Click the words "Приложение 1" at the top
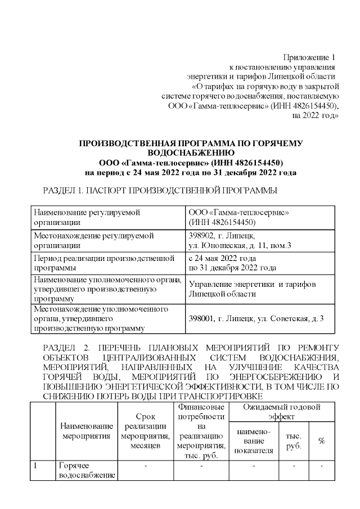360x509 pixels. [x=309, y=57]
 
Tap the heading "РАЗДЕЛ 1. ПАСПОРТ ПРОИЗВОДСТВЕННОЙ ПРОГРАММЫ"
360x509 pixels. [x=160, y=191]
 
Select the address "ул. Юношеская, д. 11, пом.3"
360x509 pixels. [x=240, y=245]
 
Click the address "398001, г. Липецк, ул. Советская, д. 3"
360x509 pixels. [x=256, y=319]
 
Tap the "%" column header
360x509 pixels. [x=322, y=440]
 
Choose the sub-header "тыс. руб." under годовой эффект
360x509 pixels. [x=293, y=440]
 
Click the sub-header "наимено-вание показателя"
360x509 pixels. [x=253, y=440]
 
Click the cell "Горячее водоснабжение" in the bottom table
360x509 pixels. [x=86, y=471]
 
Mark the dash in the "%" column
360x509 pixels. [x=322, y=466]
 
